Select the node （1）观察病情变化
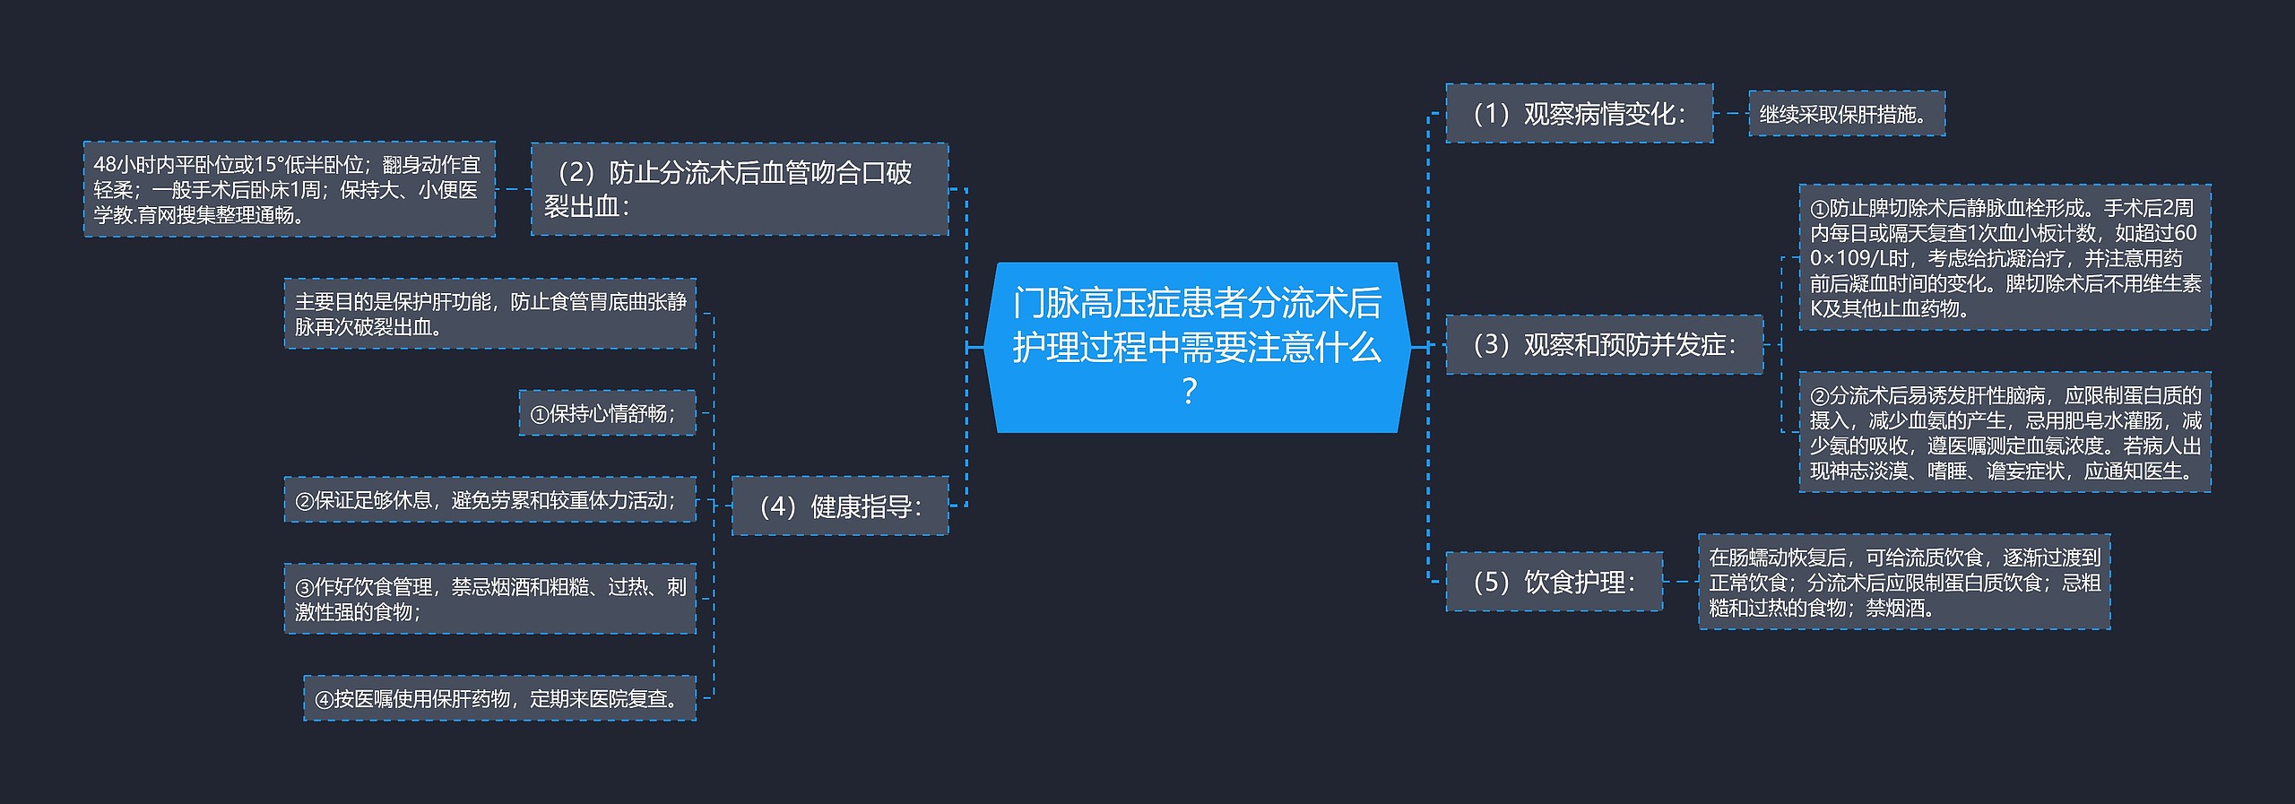point(1579,114)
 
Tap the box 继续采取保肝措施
point(1846,114)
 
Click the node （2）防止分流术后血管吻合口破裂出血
point(739,189)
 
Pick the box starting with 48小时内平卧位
point(289,189)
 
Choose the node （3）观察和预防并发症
point(1604,344)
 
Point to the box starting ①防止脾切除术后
point(2004,258)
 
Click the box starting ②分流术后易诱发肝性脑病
point(2004,433)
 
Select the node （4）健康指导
point(839,506)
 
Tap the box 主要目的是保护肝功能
point(489,314)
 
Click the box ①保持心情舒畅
point(607,413)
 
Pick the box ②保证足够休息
point(489,500)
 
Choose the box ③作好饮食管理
point(489,599)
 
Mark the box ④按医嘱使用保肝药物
point(499,698)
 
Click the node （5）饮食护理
point(1554,582)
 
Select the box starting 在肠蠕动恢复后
point(1903,582)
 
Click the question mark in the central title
point(1190,392)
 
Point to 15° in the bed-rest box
point(266,165)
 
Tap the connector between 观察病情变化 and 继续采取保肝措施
point(1731,114)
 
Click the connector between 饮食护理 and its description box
point(1680,582)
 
